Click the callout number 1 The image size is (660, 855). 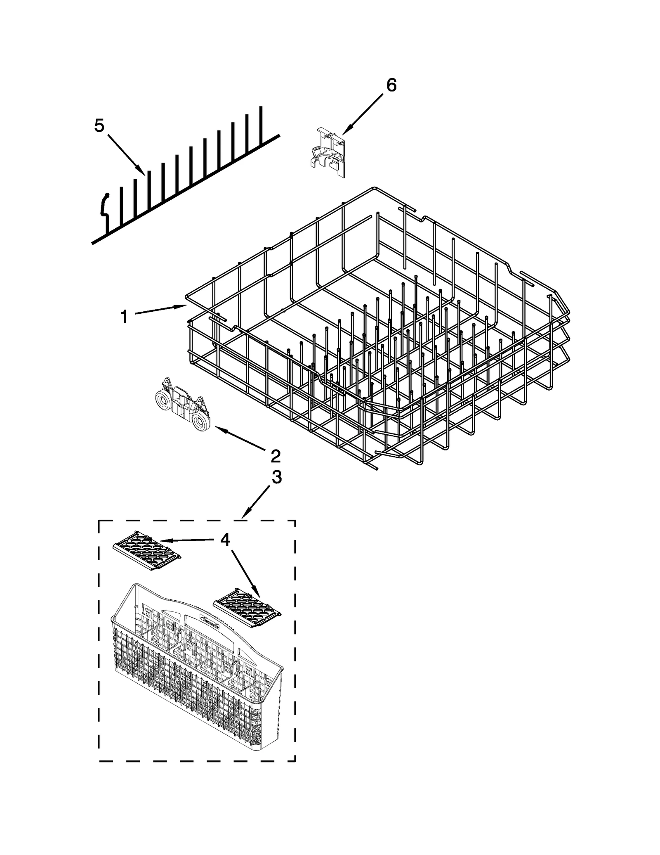click(124, 317)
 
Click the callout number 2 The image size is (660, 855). click(275, 456)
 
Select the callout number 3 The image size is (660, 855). click(276, 477)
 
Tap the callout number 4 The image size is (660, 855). click(225, 540)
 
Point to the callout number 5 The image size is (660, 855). click(99, 126)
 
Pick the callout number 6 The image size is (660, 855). click(391, 85)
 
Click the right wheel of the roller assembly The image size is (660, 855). click(201, 423)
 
